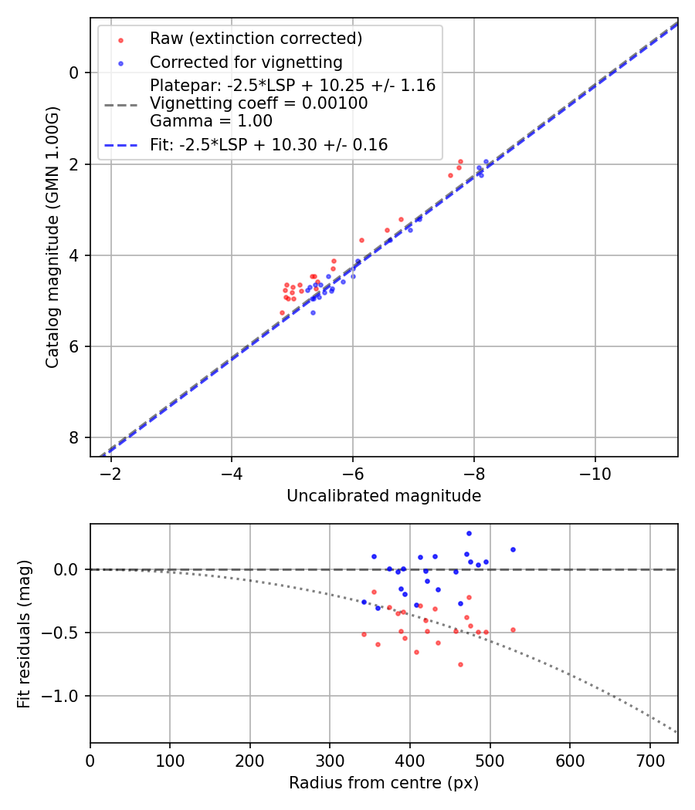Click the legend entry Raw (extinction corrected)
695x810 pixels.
256,39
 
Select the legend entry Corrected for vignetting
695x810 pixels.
246,62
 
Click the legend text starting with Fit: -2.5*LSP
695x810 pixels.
268,145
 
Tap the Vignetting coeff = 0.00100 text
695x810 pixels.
259,103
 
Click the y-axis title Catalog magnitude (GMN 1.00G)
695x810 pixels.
52,236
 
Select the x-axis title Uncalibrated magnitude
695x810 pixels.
384,496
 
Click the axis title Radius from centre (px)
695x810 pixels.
384,783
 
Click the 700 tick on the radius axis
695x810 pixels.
649,759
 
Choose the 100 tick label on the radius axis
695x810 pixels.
170,759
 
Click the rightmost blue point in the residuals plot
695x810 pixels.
513,550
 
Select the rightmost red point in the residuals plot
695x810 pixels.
513,629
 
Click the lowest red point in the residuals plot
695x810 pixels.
460,664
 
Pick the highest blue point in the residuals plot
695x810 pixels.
469,533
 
